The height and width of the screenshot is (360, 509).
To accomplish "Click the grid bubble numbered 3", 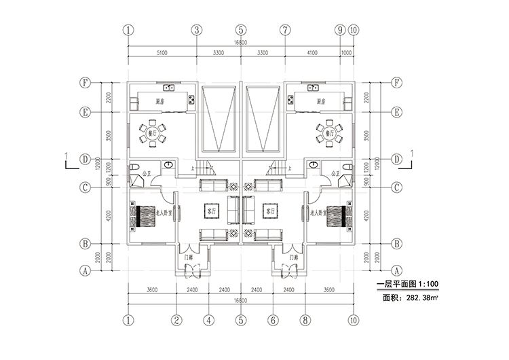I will [x=195, y=30].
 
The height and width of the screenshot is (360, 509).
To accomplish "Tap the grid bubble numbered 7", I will [x=285, y=30].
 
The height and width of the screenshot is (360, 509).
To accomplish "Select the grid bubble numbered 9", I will [x=340, y=30].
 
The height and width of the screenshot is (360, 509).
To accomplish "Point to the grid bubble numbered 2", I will [x=175, y=320].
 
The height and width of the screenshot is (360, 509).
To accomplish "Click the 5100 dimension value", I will [x=162, y=52].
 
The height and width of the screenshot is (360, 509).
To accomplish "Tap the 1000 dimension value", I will [x=347, y=52].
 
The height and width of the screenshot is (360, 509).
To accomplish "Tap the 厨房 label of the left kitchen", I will [x=163, y=101].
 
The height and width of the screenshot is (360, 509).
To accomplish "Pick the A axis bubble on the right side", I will [x=397, y=270].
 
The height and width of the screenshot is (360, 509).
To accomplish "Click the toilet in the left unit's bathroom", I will [x=135, y=167].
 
